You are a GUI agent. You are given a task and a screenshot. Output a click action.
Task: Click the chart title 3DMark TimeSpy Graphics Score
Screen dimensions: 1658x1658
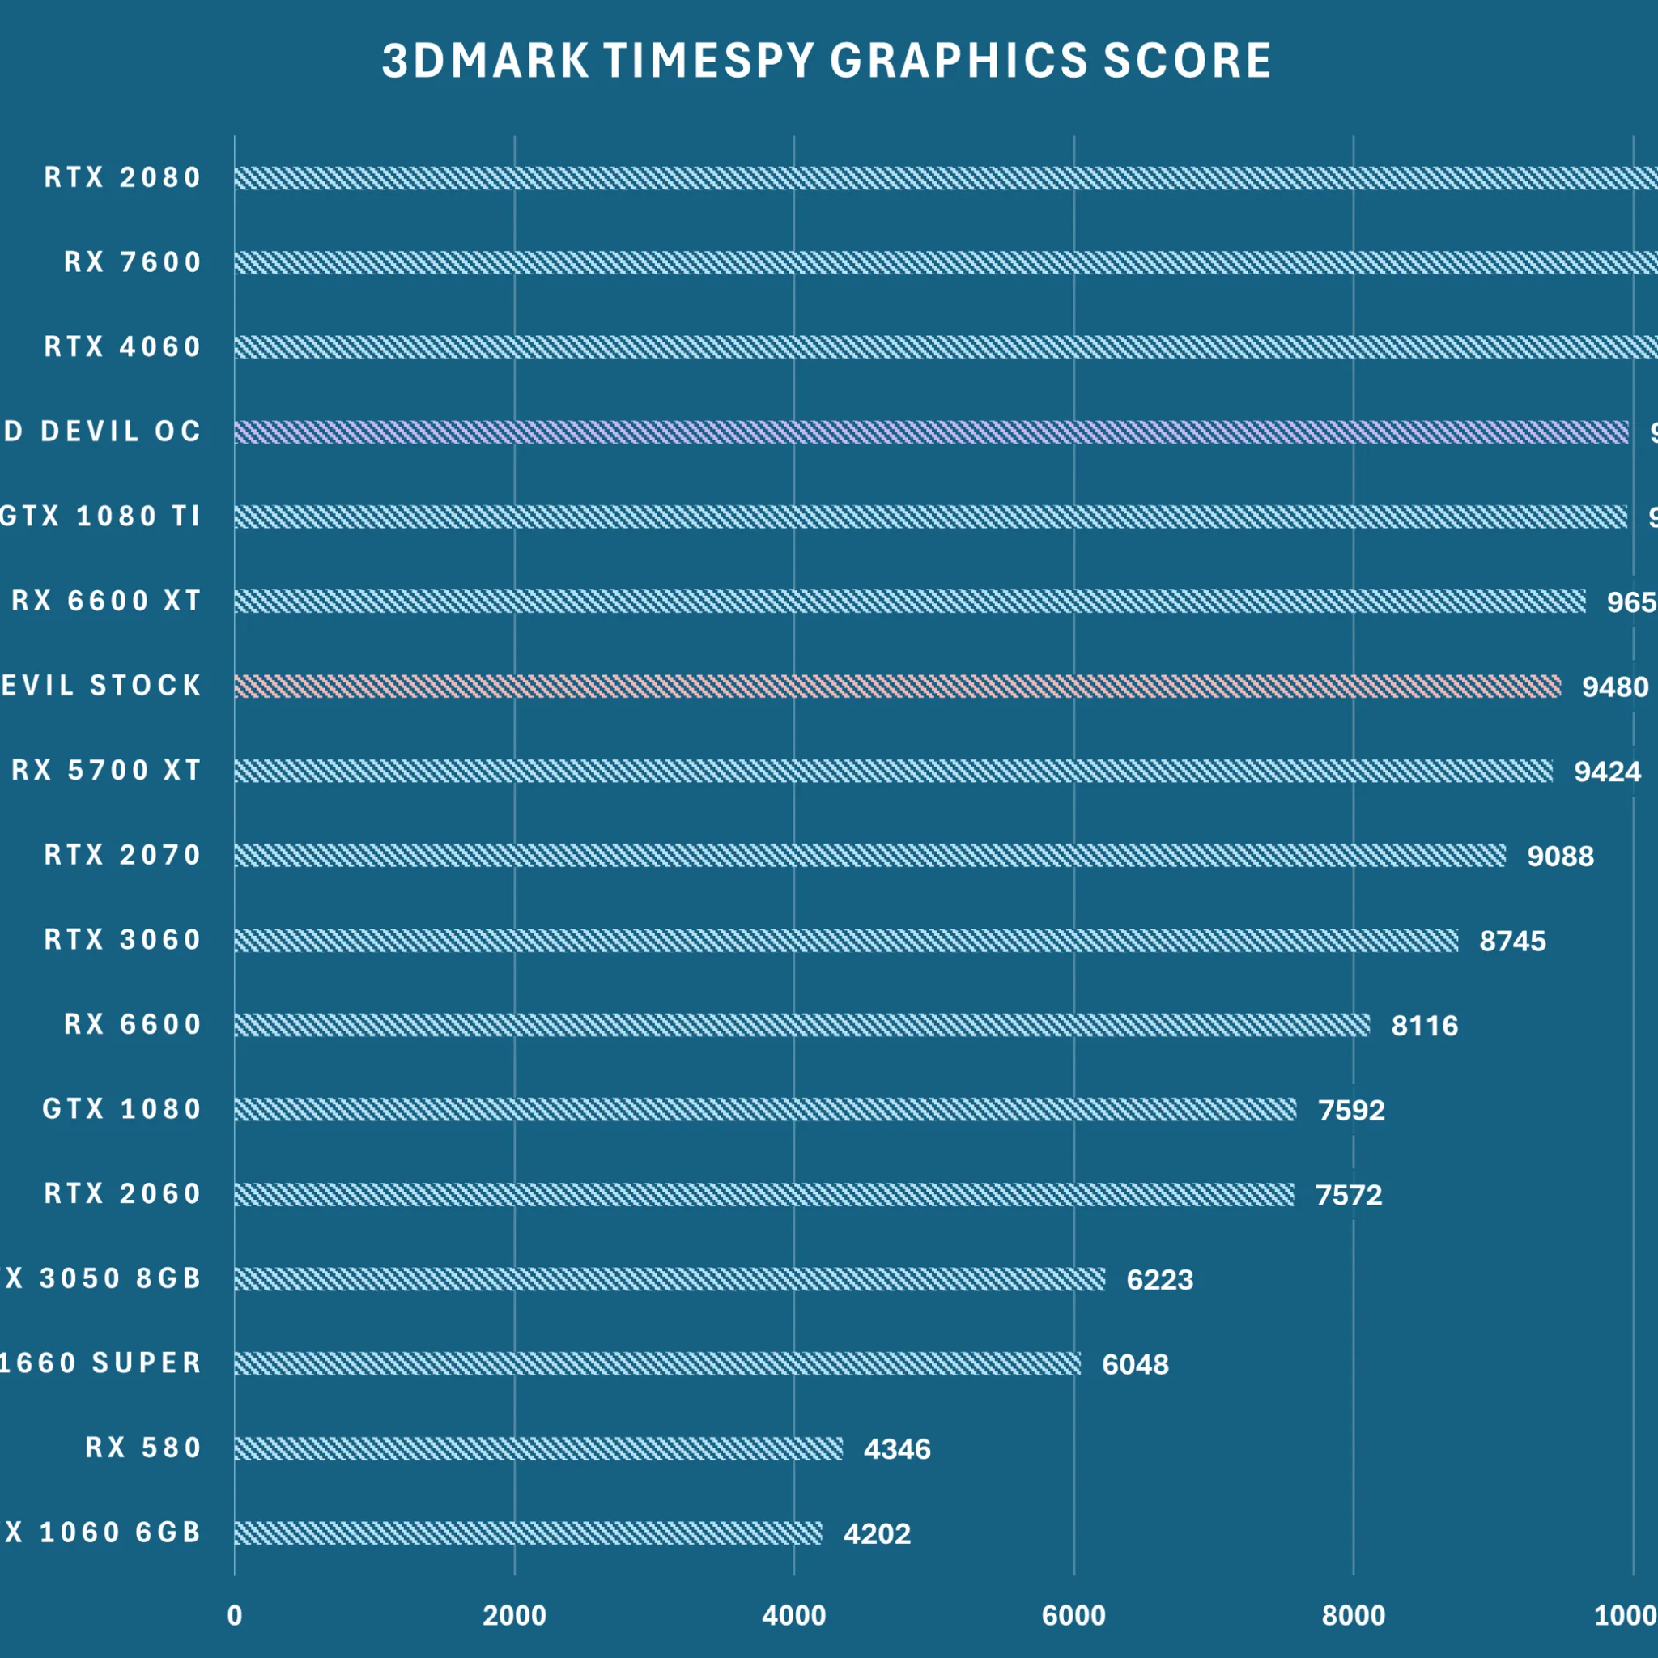(x=827, y=61)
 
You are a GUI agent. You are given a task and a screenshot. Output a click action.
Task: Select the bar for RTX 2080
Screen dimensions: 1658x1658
(x=944, y=177)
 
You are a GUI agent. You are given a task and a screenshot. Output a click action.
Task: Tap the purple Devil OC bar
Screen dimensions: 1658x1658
(x=931, y=432)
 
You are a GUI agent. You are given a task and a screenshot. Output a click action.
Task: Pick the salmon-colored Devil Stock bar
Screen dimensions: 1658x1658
(x=897, y=686)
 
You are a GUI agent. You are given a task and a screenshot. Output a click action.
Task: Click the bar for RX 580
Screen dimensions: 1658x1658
(x=538, y=1448)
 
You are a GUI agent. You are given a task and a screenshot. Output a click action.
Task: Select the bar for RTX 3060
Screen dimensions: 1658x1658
(x=845, y=941)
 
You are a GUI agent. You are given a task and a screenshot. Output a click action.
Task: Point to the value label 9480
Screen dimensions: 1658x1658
(x=1615, y=687)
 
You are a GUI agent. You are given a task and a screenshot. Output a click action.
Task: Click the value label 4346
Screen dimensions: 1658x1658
(x=897, y=1449)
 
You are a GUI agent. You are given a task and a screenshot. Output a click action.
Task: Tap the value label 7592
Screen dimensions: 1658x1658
(x=1351, y=1111)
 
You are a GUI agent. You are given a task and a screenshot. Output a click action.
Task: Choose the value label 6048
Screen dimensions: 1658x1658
(x=1134, y=1364)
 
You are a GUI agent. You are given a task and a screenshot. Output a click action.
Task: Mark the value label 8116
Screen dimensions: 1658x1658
(x=1424, y=1026)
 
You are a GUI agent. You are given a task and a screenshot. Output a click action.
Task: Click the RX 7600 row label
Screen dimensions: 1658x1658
(x=132, y=261)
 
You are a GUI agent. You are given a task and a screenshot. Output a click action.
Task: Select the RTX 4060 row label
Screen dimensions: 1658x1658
(x=123, y=346)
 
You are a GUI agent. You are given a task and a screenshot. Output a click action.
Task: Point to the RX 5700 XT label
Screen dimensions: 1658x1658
(x=106, y=770)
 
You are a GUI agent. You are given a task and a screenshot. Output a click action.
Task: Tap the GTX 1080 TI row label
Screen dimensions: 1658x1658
(x=100, y=516)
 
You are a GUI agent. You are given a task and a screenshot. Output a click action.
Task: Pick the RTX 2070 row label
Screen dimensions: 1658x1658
(x=123, y=855)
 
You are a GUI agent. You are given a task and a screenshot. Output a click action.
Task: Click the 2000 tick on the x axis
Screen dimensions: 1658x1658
(x=514, y=1616)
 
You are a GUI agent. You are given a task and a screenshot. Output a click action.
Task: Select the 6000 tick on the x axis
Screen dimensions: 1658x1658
(x=1073, y=1616)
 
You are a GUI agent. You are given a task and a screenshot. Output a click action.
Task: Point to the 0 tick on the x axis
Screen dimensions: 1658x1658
(x=234, y=1616)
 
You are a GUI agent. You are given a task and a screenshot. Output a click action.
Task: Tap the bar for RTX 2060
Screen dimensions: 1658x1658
(x=763, y=1195)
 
